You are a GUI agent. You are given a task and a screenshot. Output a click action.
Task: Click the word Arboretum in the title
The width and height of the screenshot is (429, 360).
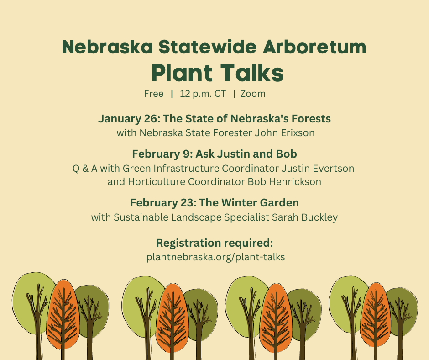click(314, 47)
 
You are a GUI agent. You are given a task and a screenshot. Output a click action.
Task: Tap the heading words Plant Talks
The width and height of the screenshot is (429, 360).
click(218, 73)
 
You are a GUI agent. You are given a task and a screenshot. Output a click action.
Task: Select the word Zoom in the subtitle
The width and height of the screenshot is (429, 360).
click(253, 94)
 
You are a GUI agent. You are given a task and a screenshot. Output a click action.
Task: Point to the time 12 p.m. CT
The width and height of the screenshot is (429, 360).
click(203, 94)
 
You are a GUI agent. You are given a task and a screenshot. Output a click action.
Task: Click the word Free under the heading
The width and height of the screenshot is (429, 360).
click(154, 94)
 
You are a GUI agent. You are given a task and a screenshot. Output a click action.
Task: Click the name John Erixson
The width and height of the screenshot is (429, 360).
click(284, 133)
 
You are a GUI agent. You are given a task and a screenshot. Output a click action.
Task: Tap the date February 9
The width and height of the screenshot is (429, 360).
click(162, 154)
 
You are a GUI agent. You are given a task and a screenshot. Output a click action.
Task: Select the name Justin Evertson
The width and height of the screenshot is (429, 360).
click(318, 168)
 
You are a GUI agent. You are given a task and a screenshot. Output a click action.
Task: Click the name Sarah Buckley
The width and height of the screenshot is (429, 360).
click(305, 217)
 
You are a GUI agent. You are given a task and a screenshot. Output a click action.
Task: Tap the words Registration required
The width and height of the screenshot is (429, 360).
click(214, 243)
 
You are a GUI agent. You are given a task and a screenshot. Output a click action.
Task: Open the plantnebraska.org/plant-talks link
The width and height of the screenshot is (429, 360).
click(215, 257)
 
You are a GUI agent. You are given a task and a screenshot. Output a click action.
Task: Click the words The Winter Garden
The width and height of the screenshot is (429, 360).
click(249, 203)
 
